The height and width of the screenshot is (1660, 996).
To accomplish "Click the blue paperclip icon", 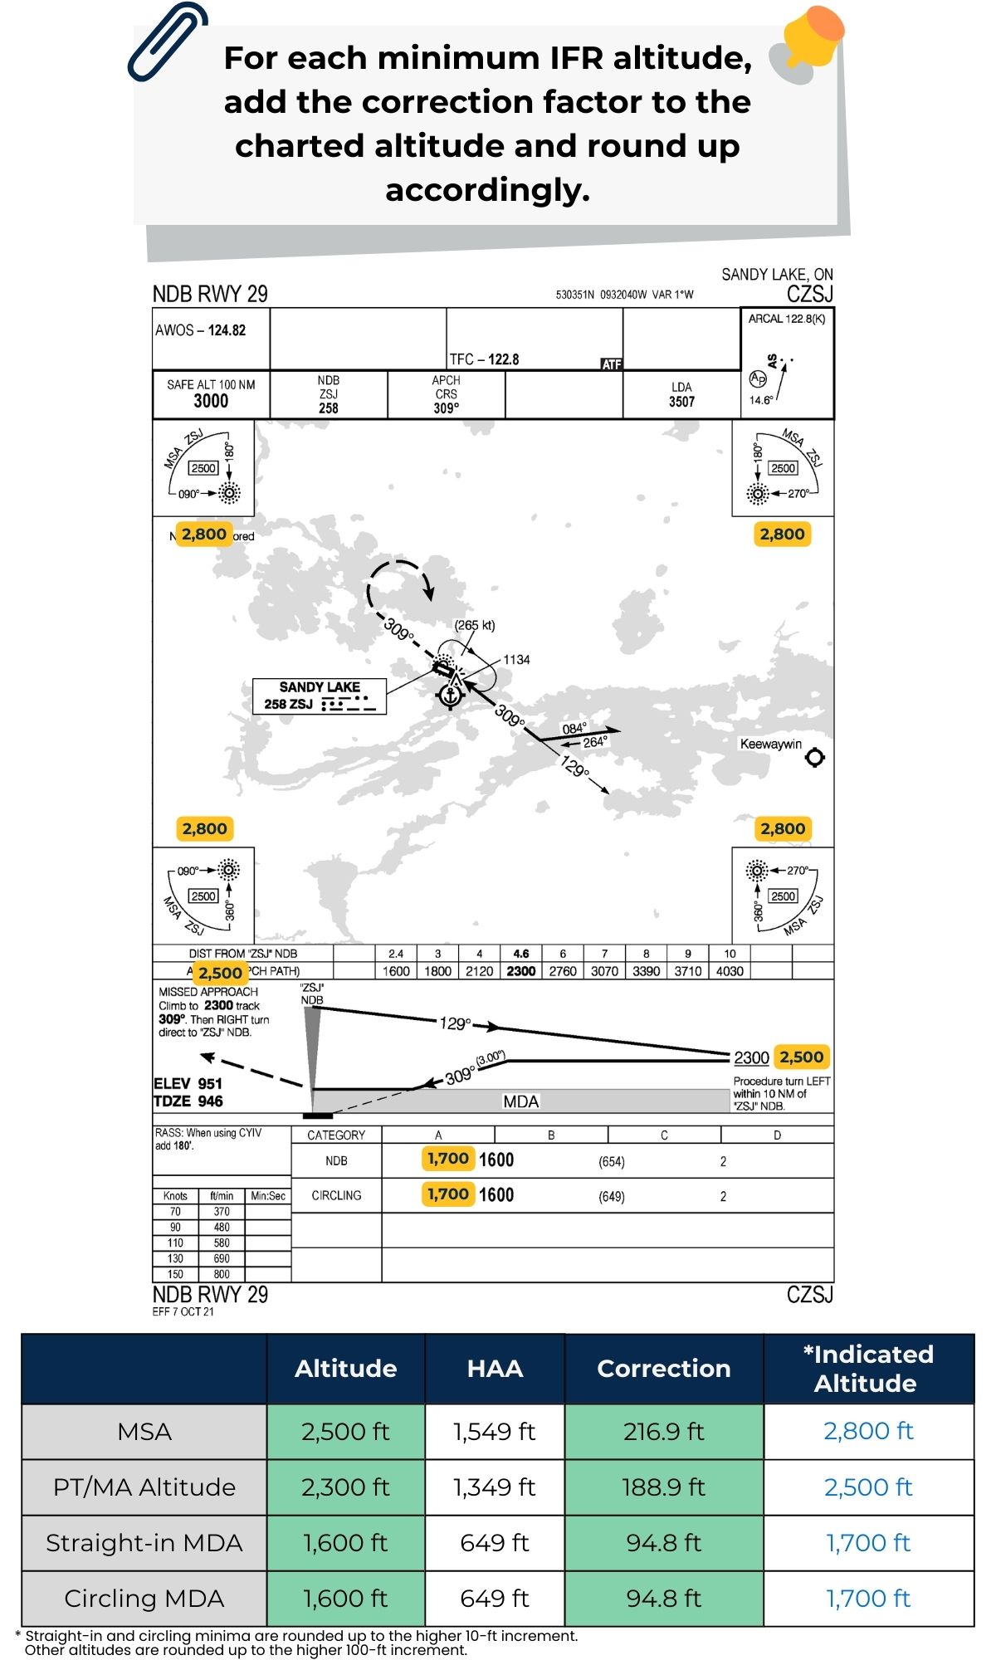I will pyautogui.click(x=167, y=41).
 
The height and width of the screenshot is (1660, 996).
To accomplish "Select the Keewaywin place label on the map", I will pyautogui.click(x=770, y=744).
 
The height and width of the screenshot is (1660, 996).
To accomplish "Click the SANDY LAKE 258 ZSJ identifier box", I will pyautogui.click(x=320, y=696).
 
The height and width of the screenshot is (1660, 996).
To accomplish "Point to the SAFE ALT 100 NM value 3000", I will pyautogui.click(x=211, y=401).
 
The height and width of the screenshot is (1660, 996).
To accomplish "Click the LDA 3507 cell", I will pyautogui.click(x=681, y=395).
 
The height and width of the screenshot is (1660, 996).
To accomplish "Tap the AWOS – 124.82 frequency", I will pyautogui.click(x=201, y=330).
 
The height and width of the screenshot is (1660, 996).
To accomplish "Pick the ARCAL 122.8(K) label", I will pyautogui.click(x=786, y=319).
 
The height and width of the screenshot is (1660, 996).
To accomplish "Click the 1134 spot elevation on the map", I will pyautogui.click(x=516, y=660).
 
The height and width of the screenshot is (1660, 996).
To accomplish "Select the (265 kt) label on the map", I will pyautogui.click(x=474, y=625).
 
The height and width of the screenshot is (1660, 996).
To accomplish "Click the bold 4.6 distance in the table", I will pyautogui.click(x=521, y=954).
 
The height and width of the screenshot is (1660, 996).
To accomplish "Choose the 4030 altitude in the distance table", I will pyautogui.click(x=730, y=971).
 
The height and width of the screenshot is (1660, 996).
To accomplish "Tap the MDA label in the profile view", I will pyautogui.click(x=520, y=1101).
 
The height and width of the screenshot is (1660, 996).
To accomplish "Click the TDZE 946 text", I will pyautogui.click(x=188, y=1101).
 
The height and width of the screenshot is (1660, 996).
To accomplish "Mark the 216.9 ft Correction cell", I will pyautogui.click(x=663, y=1432).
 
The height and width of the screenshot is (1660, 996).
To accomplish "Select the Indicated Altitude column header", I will pyautogui.click(x=867, y=1369).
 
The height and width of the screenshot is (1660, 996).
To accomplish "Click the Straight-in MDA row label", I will pyautogui.click(x=144, y=1543).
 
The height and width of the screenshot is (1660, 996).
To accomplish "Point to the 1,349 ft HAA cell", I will pyautogui.click(x=495, y=1487).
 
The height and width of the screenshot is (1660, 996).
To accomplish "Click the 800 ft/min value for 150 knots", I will pyautogui.click(x=222, y=1274).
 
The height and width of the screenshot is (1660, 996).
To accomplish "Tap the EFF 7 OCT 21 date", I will pyautogui.click(x=183, y=1311).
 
